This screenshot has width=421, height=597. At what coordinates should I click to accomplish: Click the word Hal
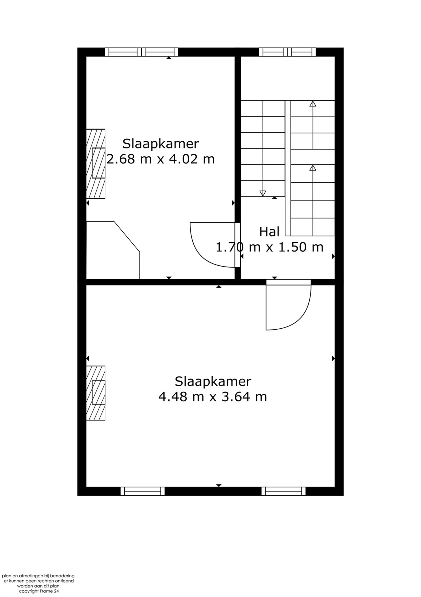[269, 232]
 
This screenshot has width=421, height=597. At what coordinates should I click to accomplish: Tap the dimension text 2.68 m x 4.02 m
[161, 159]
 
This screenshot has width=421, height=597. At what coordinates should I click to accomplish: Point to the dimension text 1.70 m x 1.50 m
[270, 247]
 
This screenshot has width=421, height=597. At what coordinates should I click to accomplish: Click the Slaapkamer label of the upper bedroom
[161, 144]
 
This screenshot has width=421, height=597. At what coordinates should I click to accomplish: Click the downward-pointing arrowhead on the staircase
[263, 193]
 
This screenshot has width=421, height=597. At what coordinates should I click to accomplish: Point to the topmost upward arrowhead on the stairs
[313, 104]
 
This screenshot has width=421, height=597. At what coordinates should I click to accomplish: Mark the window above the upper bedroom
[141, 52]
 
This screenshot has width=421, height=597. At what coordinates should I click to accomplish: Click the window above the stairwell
[287, 52]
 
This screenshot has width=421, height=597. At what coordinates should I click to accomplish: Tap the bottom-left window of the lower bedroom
[143, 491]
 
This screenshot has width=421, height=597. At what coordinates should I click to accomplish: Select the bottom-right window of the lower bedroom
[283, 491]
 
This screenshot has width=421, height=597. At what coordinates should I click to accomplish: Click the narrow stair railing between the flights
[288, 168]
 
